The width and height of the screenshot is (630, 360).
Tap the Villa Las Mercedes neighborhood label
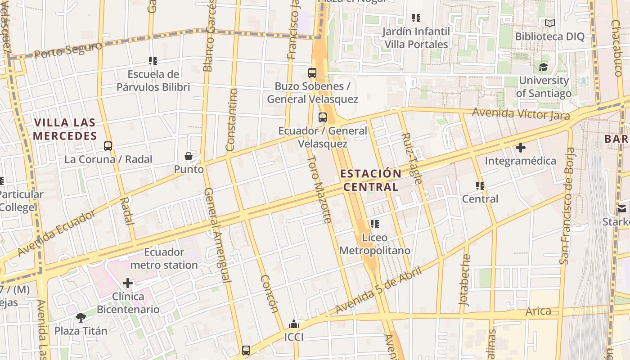click(65, 129)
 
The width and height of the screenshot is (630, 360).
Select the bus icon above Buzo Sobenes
click(312, 72)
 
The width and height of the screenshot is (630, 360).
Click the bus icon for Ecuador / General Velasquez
click(323, 117)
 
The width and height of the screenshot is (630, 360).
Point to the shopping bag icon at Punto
click(189, 156)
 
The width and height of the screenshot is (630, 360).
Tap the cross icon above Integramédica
click(521, 147)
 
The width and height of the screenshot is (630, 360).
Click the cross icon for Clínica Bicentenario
click(128, 283)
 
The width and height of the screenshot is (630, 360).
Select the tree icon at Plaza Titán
click(81, 318)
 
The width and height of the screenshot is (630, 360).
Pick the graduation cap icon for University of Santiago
click(544, 67)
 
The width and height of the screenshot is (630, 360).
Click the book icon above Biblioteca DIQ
click(549, 23)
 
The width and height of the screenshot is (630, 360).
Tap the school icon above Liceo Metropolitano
click(374, 224)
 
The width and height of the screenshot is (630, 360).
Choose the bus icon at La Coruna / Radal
click(108, 146)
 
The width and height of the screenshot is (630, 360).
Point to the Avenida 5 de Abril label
click(378, 290)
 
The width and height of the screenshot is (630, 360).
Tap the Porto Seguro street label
click(68, 50)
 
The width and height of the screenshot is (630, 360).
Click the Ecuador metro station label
click(164, 258)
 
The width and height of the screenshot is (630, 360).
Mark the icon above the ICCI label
click(294, 324)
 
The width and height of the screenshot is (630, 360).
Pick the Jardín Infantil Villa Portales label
click(416, 38)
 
